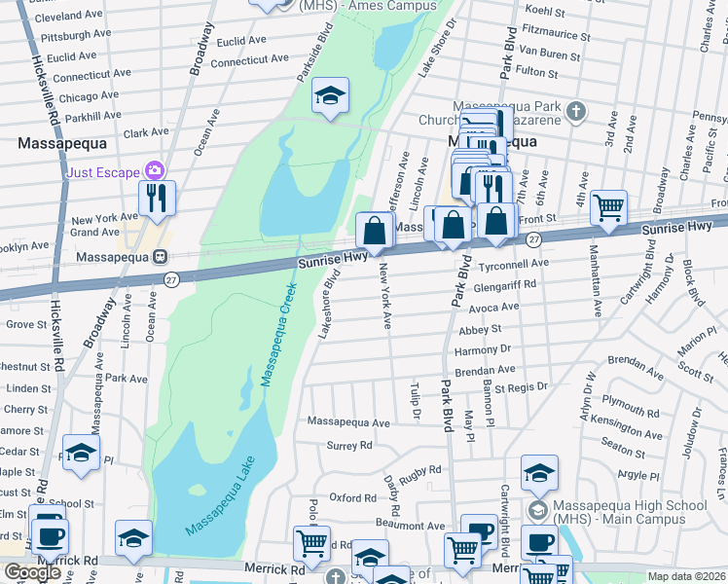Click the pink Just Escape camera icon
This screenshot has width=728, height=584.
click(x=153, y=170)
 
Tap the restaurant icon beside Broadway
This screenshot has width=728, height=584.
click(x=157, y=199)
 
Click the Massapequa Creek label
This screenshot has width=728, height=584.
click(x=277, y=333)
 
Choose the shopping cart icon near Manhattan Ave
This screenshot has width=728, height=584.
click(x=608, y=206)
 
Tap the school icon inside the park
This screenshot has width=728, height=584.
click(x=330, y=96)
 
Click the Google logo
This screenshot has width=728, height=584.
click(x=32, y=571)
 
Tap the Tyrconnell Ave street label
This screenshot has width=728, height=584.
click(x=515, y=264)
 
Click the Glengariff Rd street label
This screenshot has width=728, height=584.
click(x=509, y=286)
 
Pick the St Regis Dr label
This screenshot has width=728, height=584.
click(x=522, y=387)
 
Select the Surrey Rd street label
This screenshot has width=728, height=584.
click(x=349, y=446)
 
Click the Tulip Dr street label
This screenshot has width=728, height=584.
click(x=415, y=401)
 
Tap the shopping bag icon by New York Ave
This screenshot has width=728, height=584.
click(x=375, y=231)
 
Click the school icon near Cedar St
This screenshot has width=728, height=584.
click(x=81, y=453)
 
